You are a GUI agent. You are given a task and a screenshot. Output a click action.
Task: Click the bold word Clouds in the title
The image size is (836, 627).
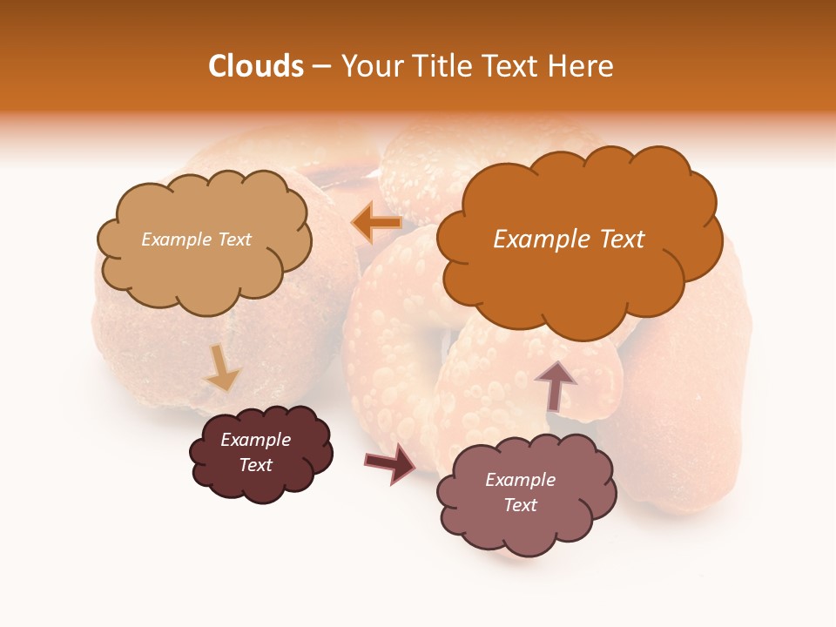pos(255,66)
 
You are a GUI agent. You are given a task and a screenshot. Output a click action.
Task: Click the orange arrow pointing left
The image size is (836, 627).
pos(376,222)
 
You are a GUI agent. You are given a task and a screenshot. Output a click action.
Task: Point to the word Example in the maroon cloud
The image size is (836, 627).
pos(255,440)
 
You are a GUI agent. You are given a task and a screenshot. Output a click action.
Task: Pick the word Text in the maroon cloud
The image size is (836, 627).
pos(255,465)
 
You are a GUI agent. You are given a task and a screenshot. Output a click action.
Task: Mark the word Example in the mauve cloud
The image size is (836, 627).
pos(520,480)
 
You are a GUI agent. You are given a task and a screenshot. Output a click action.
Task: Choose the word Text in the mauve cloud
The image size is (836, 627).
pos(520,505)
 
